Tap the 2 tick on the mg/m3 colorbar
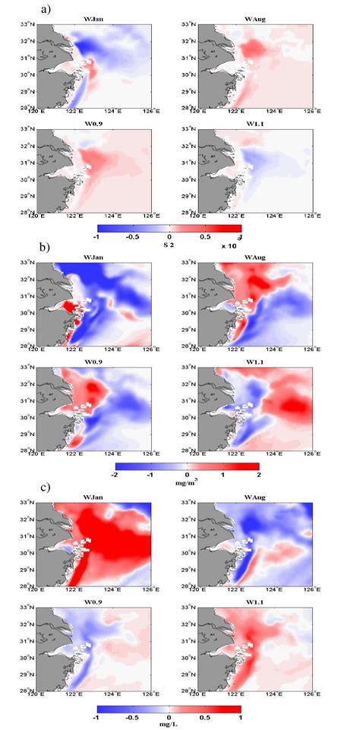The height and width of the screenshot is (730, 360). pyautogui.click(x=258, y=474)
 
